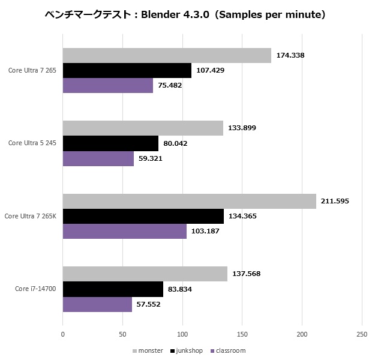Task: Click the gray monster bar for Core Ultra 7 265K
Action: [189, 201]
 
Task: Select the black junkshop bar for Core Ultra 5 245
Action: [110, 143]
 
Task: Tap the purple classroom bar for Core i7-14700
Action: [97, 304]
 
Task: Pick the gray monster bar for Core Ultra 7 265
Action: [167, 55]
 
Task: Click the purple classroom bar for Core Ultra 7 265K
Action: [124, 231]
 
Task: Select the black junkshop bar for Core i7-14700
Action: [113, 289]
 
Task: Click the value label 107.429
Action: [212, 70]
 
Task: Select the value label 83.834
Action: [183, 289]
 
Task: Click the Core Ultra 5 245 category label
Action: [32, 143]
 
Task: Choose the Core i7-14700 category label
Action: [36, 289]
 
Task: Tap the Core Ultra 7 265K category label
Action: [31, 215]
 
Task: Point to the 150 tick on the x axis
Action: [242, 334]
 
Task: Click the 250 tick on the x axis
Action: [362, 334]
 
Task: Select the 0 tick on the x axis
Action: [63, 334]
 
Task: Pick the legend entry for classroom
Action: [227, 350]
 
